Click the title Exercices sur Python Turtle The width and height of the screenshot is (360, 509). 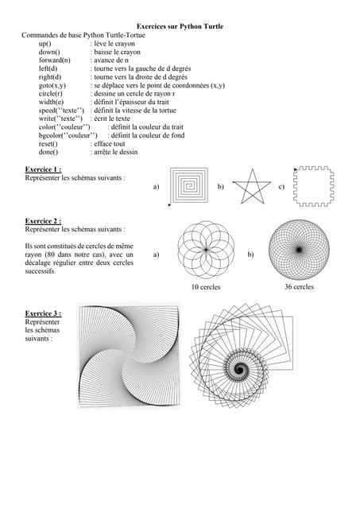[x=180, y=26]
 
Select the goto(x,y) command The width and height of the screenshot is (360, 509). [x=52, y=85]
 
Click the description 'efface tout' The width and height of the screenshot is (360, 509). [x=109, y=144]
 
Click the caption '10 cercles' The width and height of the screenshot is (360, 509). [x=205, y=287]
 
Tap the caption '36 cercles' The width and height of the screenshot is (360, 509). [x=299, y=286]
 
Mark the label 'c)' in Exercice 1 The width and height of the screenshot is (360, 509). [x=282, y=187]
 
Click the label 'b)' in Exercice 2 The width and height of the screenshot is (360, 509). [x=251, y=254]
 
